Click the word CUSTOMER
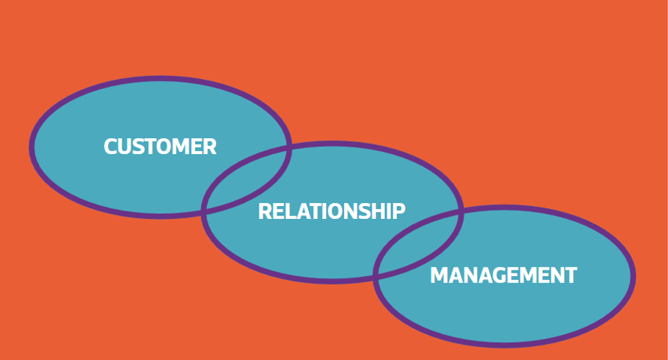pos(160,147)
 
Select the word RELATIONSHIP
pos(331,211)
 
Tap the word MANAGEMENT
pos(503,275)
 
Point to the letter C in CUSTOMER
pos(111,147)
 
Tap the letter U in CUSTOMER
pos(125,147)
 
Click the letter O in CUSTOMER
pos(166,147)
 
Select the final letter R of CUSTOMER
pos(210,147)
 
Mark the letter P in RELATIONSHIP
pos(399,211)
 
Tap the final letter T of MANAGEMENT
pos(570,275)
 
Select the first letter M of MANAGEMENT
pos(438,275)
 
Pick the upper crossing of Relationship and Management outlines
pos(460,211)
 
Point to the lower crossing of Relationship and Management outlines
pos(376,275)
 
